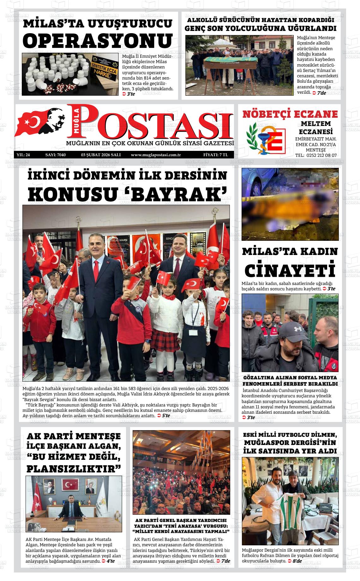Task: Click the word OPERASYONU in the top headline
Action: (x=98, y=41)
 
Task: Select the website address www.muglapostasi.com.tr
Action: (x=156, y=155)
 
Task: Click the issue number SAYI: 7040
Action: (x=56, y=155)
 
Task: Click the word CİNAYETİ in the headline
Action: (x=290, y=270)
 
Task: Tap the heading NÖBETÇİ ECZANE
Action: (x=290, y=114)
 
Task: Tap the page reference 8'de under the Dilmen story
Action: (x=297, y=561)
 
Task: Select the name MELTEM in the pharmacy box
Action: (x=316, y=123)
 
